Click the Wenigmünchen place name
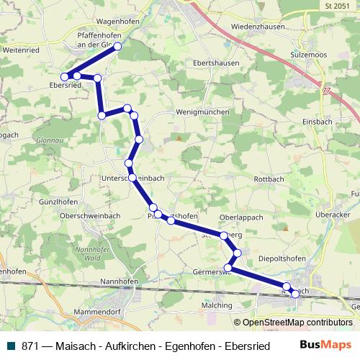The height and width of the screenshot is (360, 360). coord(203,112)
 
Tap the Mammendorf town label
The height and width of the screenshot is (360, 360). coord(96,313)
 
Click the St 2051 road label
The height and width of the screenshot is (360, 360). coord(336,5)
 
